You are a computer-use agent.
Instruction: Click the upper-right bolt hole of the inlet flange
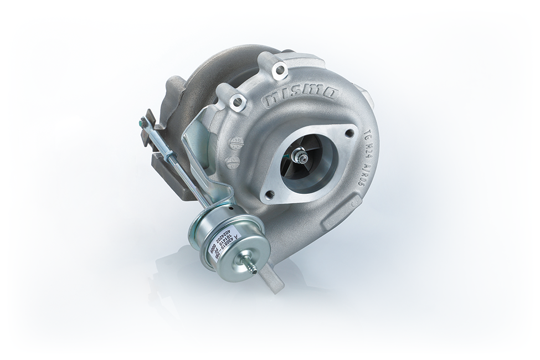pos(349,133)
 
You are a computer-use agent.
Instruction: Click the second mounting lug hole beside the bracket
pos(239,102)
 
